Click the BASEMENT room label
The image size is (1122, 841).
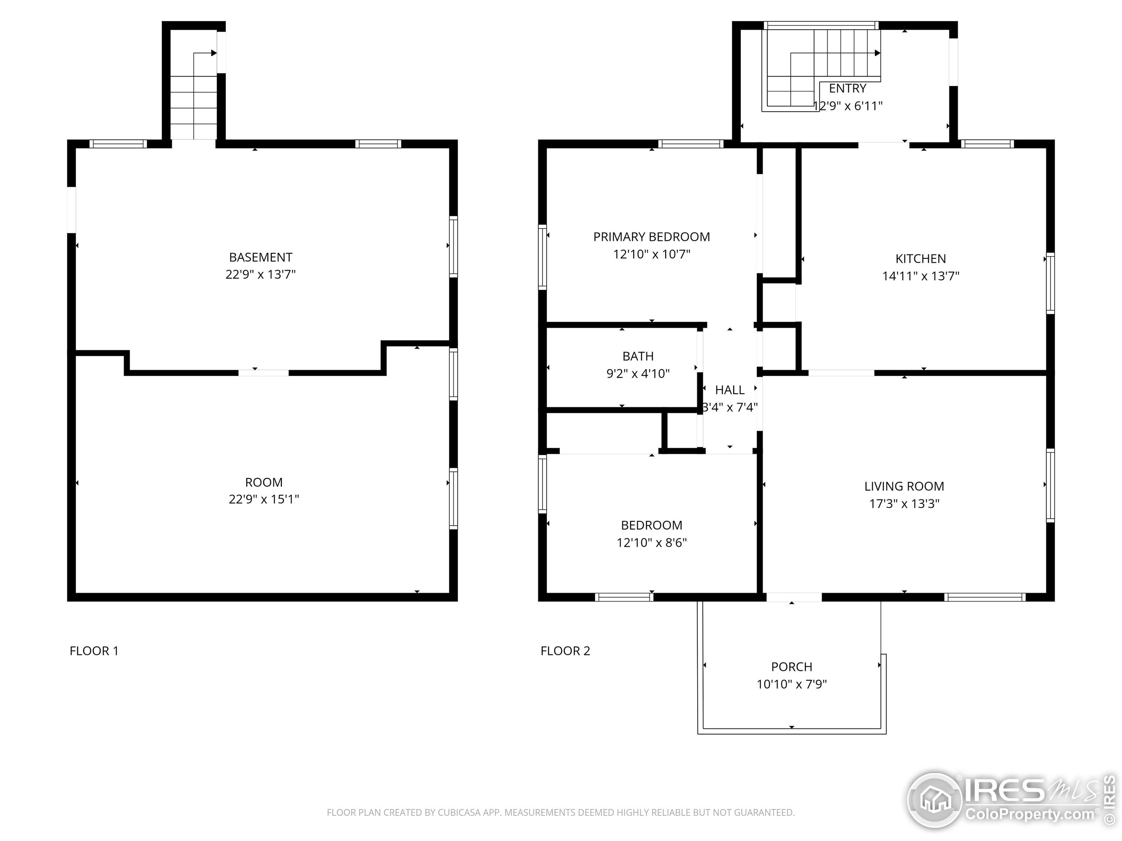pos(260,257)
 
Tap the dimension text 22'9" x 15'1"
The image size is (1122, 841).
pos(264,499)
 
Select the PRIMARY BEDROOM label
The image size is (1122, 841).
pos(651,237)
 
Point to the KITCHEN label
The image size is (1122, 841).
pos(921,258)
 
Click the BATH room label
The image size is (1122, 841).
pos(638,357)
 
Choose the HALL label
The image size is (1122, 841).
pos(729,390)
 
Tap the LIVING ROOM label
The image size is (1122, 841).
pos(904,486)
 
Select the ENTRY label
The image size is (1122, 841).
pos(847,88)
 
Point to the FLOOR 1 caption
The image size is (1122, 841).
pos(94,651)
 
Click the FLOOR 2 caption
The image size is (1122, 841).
pos(565,651)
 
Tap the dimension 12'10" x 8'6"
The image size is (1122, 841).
pos(651,542)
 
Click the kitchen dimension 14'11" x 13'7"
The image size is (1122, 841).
pos(921,276)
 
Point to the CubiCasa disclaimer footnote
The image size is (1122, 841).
pos(561,813)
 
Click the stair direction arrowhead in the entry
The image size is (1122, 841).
pos(877,53)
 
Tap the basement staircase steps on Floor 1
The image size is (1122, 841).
pos(194,107)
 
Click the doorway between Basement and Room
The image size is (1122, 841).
pos(264,373)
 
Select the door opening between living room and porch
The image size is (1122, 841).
pos(794,597)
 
